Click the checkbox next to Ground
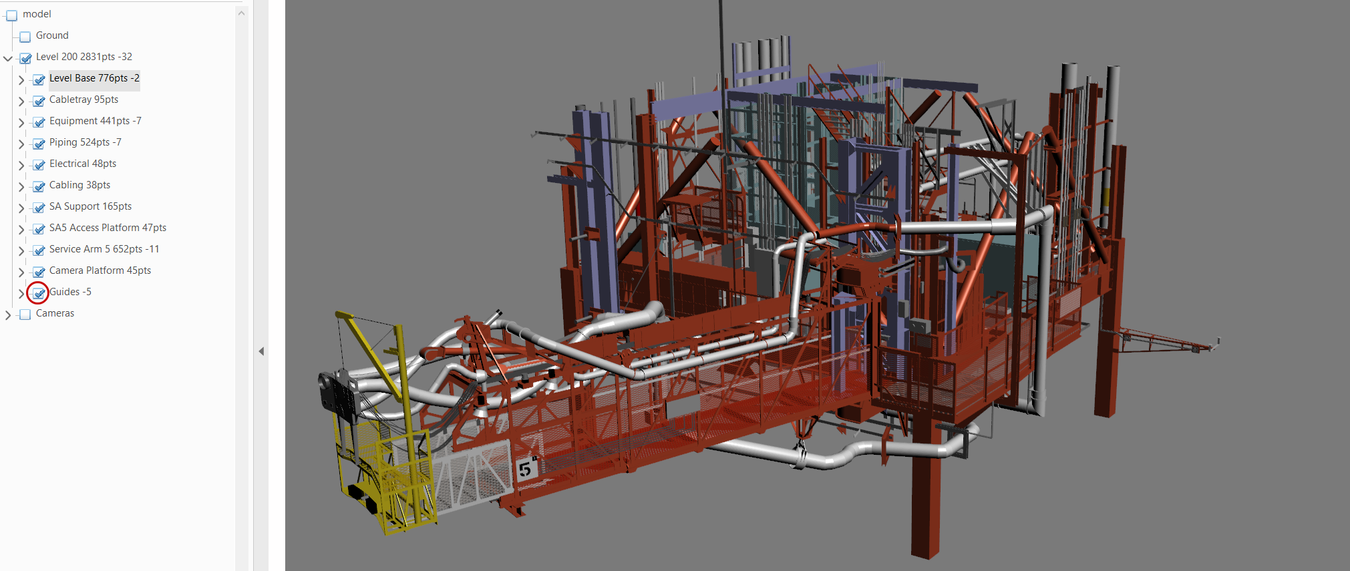(x=25, y=37)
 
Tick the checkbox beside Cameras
(x=25, y=315)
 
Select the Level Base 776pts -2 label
(x=94, y=78)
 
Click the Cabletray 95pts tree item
(x=83, y=100)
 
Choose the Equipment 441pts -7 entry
(x=96, y=121)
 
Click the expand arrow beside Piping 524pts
(x=21, y=144)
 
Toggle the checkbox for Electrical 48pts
(x=39, y=165)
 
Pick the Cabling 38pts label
(x=79, y=185)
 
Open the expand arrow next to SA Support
(x=21, y=208)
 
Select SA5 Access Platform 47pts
(x=108, y=228)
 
